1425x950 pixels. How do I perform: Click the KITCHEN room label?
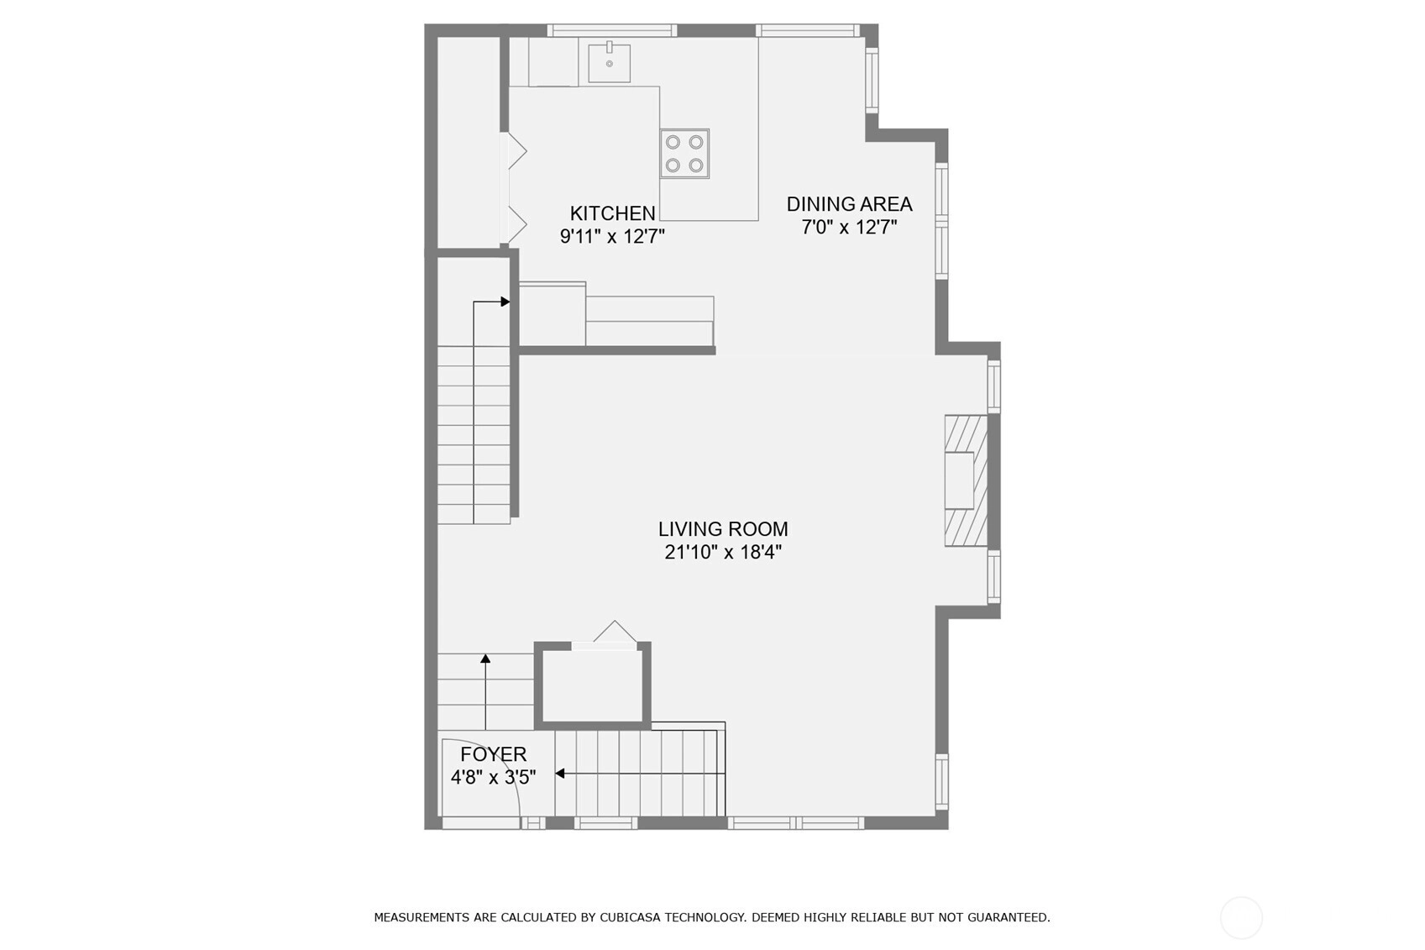click(612, 213)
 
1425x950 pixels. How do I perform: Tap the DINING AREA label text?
click(849, 204)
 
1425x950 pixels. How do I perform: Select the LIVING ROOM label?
click(723, 529)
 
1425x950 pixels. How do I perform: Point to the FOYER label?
click(493, 754)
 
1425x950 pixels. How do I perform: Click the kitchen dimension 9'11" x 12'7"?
click(612, 237)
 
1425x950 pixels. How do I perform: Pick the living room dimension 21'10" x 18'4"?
click(723, 552)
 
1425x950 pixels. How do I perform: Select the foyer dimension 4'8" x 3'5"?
click(493, 777)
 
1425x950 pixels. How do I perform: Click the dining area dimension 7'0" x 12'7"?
click(849, 227)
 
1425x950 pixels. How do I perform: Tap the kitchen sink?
click(609, 63)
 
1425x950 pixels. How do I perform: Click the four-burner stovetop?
click(684, 154)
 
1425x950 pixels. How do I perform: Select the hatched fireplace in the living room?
click(966, 480)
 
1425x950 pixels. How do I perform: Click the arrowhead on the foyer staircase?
click(560, 774)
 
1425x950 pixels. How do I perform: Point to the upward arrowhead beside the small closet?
click(485, 658)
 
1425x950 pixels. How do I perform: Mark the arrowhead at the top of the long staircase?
click(506, 302)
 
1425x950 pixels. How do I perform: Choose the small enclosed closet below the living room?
click(592, 686)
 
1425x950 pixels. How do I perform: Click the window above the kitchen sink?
click(612, 30)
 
